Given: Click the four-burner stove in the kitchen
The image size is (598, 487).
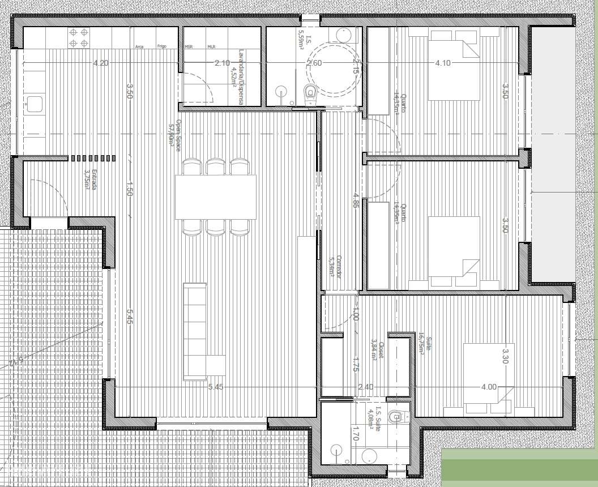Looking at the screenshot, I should click(79, 38).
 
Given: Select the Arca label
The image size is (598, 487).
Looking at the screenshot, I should click(139, 47).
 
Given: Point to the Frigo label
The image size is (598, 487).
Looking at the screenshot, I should click(161, 47).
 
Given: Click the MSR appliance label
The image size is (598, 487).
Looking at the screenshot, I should click(189, 47).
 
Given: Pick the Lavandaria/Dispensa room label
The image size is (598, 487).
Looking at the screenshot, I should click(236, 76).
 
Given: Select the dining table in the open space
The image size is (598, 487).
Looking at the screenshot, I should click(215, 196).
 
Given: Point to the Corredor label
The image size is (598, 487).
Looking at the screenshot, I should click(335, 266).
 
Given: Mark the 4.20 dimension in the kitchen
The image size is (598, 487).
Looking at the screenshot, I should click(101, 63).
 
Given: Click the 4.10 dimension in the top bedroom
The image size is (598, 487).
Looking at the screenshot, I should click(443, 63).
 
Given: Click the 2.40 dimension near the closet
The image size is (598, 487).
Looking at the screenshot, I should click(366, 387).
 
